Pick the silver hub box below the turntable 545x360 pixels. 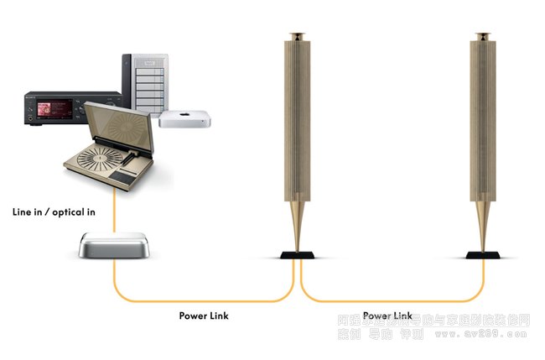[x=114, y=245]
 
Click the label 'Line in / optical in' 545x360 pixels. [x=54, y=212]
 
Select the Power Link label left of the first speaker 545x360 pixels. [x=204, y=316]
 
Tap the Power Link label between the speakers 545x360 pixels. [x=387, y=316]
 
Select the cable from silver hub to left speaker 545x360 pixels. [x=201, y=300]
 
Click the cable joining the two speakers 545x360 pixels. [x=390, y=301]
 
